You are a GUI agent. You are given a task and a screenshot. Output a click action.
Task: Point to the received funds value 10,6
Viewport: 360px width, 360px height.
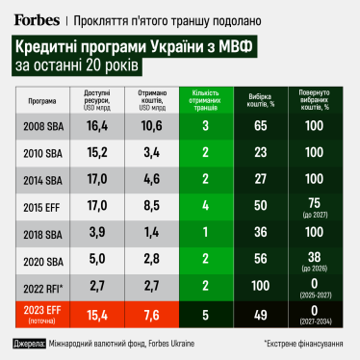pos(149,125)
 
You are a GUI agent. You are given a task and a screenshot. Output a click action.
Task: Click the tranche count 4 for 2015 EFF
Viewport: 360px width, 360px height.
pos(205,206)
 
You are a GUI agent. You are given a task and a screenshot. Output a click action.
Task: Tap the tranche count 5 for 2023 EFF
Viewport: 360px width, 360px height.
pos(205,313)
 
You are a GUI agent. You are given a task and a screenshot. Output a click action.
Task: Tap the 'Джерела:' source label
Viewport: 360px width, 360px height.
pos(30,343)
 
